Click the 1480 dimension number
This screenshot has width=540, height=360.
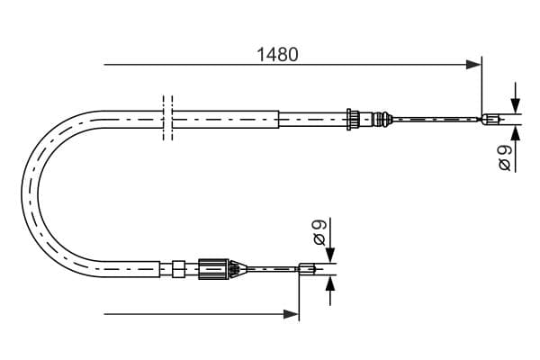tap(277, 55)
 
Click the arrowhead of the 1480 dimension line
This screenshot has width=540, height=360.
tap(473, 65)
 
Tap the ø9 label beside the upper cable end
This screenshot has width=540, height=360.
tap(505, 157)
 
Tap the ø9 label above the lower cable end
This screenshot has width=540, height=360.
tap(319, 232)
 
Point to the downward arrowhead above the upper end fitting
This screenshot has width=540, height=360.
tap(515, 106)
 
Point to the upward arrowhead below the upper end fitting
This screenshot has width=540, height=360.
tap(515, 132)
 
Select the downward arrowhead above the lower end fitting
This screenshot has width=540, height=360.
tap(330, 256)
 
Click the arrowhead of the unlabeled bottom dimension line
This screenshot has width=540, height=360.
tap(291, 314)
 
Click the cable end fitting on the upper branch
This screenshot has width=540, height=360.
tap(490, 120)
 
